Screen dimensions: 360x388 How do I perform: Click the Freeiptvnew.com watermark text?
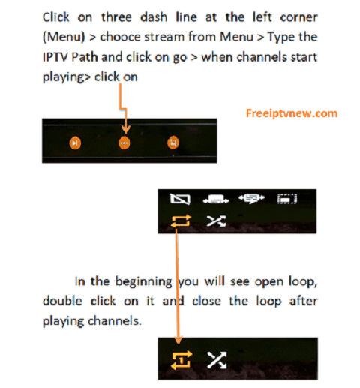pos(292,113)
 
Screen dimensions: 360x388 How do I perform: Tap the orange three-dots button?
pos(124,143)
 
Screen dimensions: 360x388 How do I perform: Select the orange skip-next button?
pos(75,143)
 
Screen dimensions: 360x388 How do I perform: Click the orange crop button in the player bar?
pos(173,143)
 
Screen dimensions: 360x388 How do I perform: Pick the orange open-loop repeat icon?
pos(181,221)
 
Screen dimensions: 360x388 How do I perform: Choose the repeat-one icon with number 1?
pos(181,360)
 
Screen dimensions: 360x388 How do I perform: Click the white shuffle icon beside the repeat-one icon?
pos(217,360)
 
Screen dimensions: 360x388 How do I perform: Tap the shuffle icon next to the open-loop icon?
pos(217,221)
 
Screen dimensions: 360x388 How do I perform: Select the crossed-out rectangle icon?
pos(180,199)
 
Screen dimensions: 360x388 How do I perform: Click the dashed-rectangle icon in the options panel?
pos(287,199)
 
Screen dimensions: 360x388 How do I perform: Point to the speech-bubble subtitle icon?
pos(251,199)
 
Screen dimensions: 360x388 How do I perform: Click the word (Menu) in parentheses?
pos(64,37)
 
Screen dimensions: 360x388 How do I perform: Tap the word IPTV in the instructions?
pos(55,57)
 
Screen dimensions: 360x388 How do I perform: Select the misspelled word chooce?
pos(120,37)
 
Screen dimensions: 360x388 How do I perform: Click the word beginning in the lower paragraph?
pos(144,282)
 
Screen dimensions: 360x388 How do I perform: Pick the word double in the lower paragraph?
pos(62,301)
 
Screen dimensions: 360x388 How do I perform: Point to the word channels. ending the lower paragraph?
pos(115,320)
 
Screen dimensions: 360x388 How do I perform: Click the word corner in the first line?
pos(298,17)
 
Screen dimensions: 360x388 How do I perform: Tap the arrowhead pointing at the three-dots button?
pos(126,130)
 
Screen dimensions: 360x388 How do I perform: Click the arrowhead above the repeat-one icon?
pos(178,341)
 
